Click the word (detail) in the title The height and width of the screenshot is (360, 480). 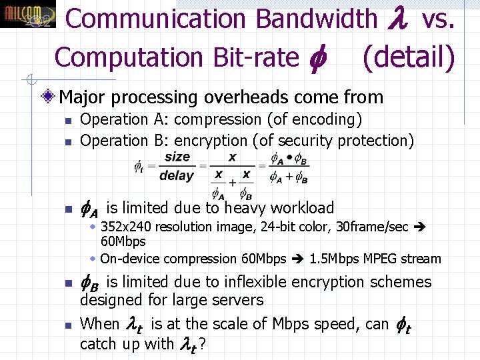tap(408, 57)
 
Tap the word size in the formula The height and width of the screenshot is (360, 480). tap(177, 157)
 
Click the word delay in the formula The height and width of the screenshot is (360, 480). tap(177, 176)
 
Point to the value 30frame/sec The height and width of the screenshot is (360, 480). tap(373, 227)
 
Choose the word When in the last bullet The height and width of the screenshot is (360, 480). tap(99, 324)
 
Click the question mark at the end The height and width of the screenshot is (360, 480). tap(201, 345)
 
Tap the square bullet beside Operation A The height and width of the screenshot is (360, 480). tap(67, 121)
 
